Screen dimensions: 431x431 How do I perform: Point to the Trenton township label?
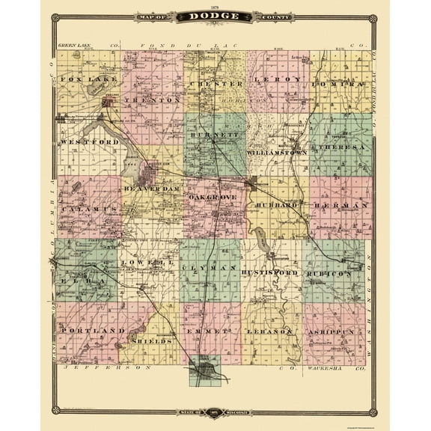click(153, 99)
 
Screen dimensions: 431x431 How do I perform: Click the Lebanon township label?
click(272, 331)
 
